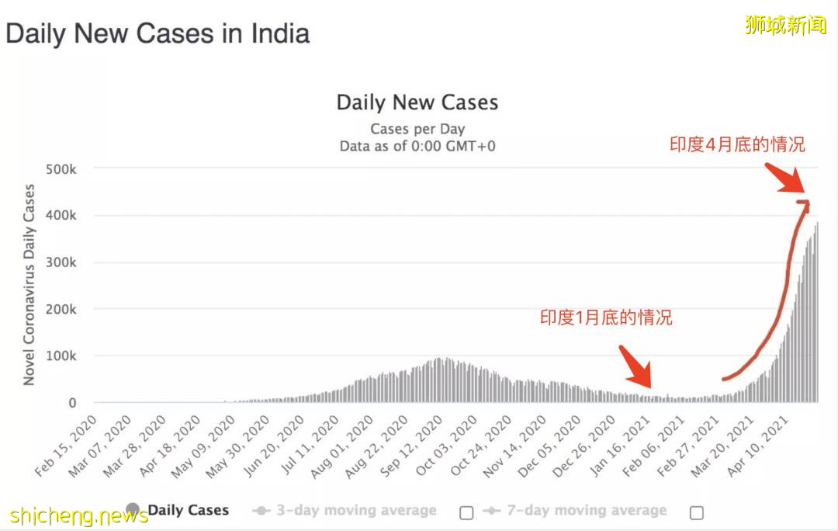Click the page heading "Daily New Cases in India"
(158, 34)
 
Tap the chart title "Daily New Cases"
(417, 103)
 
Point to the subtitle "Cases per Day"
(417, 129)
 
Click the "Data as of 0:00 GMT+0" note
(417, 146)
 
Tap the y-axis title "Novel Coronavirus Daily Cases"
(29, 285)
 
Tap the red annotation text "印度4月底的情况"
(737, 145)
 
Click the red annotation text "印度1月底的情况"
(606, 318)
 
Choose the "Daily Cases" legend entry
(188, 511)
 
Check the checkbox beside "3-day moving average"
(466, 512)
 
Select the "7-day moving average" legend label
(586, 511)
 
